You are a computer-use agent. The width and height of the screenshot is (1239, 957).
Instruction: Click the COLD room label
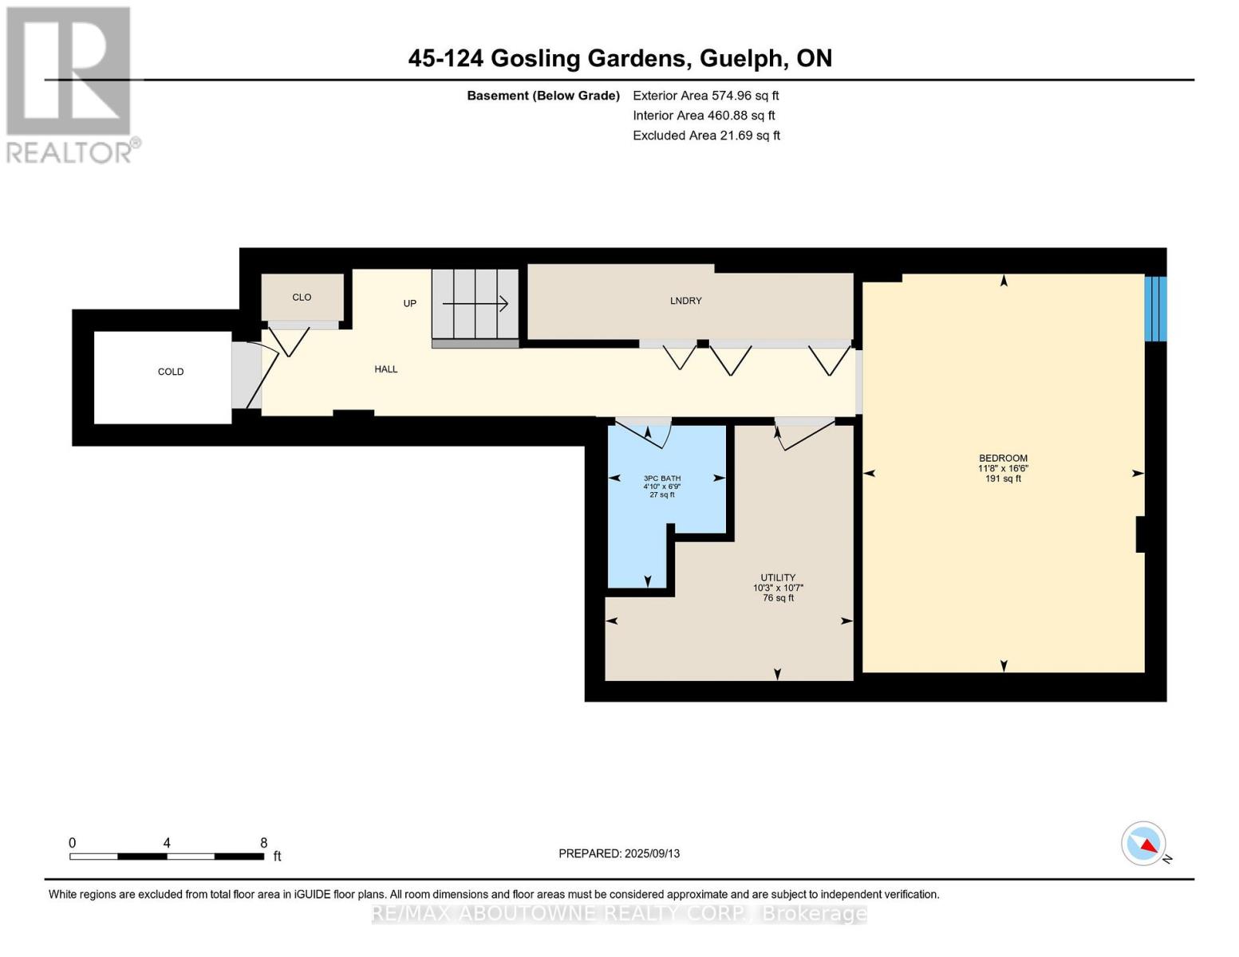point(171,372)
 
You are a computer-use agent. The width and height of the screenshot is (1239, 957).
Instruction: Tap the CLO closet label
point(302,297)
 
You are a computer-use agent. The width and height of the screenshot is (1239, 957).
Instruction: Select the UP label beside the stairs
point(409,304)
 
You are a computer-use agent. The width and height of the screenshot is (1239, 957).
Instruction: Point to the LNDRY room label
point(686,301)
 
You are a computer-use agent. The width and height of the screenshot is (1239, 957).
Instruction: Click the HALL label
point(386,369)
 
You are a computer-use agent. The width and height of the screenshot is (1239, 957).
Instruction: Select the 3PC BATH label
point(662,478)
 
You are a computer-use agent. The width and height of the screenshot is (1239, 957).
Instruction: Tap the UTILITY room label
point(778,578)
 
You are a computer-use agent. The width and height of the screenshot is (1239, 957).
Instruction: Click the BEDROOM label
point(1003,459)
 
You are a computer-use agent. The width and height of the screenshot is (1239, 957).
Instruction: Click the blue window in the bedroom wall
point(1155,309)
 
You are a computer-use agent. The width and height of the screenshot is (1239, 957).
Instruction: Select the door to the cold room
point(255,375)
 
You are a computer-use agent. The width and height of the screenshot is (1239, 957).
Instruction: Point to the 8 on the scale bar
point(263,843)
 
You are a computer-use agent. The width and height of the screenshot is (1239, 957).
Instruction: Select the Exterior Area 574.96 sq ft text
point(705,96)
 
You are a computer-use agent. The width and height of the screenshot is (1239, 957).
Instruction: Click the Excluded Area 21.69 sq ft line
point(706,136)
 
